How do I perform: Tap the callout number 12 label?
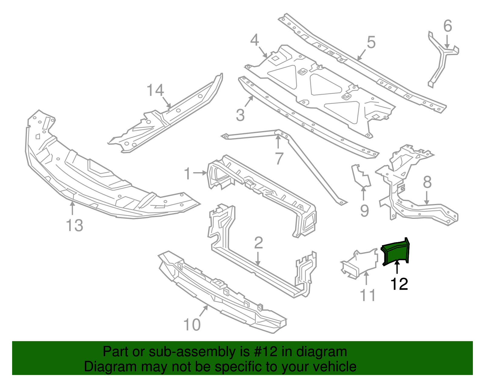(x=399, y=284)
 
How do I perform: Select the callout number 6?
(x=447, y=26)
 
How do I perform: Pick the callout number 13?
(x=74, y=225)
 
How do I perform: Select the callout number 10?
(x=192, y=325)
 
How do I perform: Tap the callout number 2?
(x=258, y=243)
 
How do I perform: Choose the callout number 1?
(x=188, y=174)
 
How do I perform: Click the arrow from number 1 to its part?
(x=200, y=173)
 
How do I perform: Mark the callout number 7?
(x=279, y=158)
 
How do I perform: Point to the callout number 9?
(x=364, y=211)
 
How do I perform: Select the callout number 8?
(x=427, y=182)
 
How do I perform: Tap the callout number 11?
(x=368, y=295)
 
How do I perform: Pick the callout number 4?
(x=254, y=40)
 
